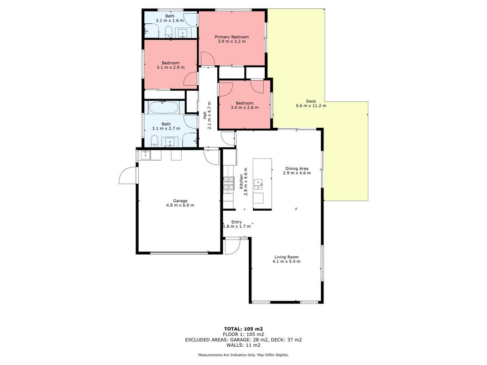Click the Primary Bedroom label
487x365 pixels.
pyautogui.click(x=232, y=37)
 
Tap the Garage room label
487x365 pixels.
pyautogui.click(x=180, y=201)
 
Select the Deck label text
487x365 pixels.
pyautogui.click(x=311, y=101)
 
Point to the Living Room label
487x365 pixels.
pyautogui.click(x=286, y=257)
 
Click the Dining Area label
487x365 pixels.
pyautogui.click(x=297, y=168)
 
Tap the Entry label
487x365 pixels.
pyautogui.click(x=237, y=222)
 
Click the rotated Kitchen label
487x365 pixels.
pyautogui.click(x=241, y=182)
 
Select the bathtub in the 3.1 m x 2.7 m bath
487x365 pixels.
pyautogui.click(x=164, y=108)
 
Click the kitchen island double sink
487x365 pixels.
pyautogui.click(x=258, y=184)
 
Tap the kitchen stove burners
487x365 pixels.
pyautogui.click(x=229, y=183)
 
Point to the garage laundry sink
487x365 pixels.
pyautogui.click(x=145, y=155)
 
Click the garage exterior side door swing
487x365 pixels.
pyautogui.click(x=127, y=175)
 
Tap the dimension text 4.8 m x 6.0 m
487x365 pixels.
pyautogui.click(x=180, y=205)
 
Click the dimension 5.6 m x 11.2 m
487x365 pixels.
pyautogui.click(x=311, y=105)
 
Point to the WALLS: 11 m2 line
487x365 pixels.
pyautogui.click(x=244, y=345)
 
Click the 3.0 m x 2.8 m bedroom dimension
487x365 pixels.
pyautogui.click(x=245, y=107)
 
